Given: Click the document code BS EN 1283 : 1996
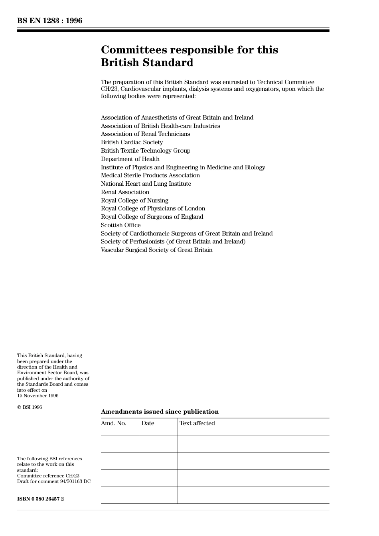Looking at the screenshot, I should (49, 21).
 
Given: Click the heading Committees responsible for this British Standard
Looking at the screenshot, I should (189, 56).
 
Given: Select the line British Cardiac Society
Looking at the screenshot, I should (132, 142).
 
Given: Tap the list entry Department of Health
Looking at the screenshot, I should (130, 159).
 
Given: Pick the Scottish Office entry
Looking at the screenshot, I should (120, 225).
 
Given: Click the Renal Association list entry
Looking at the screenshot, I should (125, 192).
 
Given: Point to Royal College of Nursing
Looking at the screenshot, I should (134, 200).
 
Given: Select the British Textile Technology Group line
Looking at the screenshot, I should (145, 151).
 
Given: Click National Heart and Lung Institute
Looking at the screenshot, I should (146, 184).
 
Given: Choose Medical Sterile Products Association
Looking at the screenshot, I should (150, 175).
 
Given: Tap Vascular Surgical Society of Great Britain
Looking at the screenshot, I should (156, 250).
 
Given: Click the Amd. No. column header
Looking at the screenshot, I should (113, 423).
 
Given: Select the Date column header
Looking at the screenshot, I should (148, 423).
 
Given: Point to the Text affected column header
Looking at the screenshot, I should (197, 423).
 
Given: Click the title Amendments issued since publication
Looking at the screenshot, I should (160, 412).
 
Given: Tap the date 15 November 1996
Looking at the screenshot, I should (38, 396).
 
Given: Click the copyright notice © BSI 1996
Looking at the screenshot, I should (30, 407).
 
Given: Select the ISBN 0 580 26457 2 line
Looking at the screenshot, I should (40, 499).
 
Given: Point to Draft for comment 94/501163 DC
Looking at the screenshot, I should (53, 481).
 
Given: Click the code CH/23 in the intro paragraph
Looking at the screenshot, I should (109, 89).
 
